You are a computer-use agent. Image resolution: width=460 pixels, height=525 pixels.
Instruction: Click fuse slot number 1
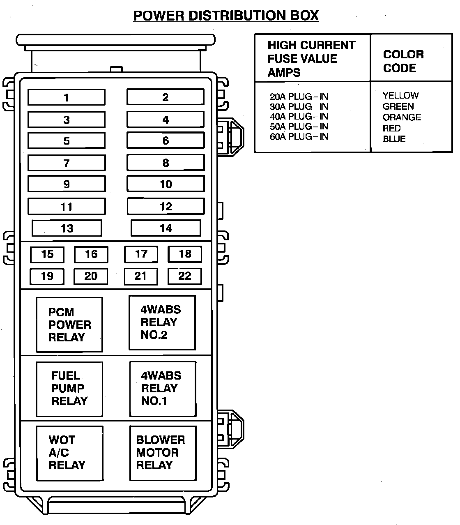click(67, 97)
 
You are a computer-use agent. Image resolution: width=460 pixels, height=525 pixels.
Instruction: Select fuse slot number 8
click(166, 163)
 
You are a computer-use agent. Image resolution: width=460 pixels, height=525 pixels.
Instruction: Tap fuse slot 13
click(67, 228)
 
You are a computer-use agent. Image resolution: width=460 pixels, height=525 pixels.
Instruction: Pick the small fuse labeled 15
click(47, 254)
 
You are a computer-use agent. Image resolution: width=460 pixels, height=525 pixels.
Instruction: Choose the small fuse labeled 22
click(185, 276)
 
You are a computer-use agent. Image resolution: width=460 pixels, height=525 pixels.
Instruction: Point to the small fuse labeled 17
click(141, 254)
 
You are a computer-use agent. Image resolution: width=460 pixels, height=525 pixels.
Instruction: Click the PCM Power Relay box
click(69, 325)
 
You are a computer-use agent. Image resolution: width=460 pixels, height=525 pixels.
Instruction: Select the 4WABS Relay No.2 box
click(162, 322)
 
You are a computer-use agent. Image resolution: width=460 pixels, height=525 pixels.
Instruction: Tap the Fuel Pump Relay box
click(69, 389)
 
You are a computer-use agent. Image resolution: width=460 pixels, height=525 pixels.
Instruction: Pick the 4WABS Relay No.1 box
click(163, 389)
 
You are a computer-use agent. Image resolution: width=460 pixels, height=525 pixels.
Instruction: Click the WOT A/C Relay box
click(69, 453)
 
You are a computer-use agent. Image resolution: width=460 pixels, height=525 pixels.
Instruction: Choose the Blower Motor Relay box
click(163, 453)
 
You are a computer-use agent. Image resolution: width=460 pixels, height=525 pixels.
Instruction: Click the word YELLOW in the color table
click(400, 95)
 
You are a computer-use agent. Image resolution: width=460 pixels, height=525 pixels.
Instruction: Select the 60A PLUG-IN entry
click(299, 137)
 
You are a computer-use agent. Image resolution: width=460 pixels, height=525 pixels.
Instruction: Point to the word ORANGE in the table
click(402, 117)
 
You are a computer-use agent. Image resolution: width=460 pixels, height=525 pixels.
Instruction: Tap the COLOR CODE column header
click(403, 61)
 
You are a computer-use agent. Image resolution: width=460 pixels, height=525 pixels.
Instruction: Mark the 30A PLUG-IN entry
click(299, 106)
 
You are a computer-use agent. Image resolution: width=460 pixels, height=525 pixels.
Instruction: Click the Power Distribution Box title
click(226, 16)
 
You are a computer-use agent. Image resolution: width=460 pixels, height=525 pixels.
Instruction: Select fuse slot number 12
click(166, 206)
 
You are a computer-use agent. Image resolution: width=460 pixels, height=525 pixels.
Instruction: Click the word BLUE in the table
click(394, 139)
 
